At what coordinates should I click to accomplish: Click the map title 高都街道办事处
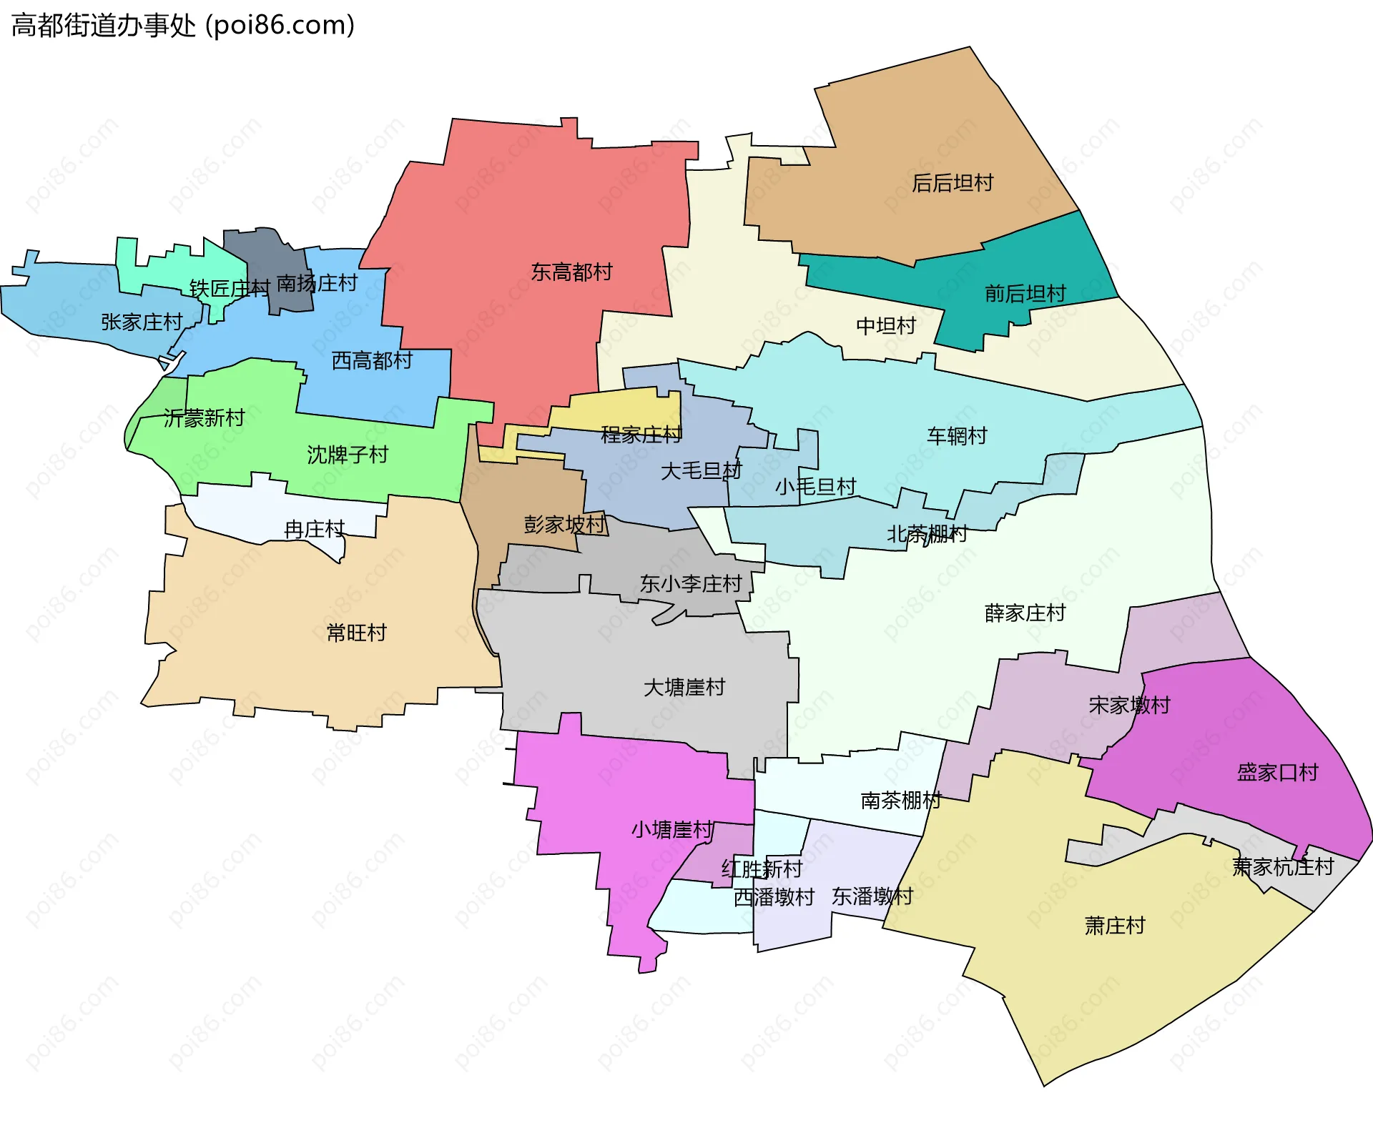tap(182, 26)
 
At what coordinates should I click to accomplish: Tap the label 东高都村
tap(571, 272)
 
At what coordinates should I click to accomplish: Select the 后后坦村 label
tap(953, 184)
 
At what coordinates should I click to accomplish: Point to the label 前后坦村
tap(1025, 294)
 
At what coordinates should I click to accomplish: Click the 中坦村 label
tap(886, 327)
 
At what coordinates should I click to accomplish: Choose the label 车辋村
tap(957, 436)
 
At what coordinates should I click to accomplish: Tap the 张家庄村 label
tap(142, 323)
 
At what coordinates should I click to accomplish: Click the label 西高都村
tap(372, 361)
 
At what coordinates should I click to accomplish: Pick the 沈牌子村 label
tap(348, 455)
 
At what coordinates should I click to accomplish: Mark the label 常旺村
tap(356, 633)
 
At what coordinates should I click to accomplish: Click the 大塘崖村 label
tap(684, 688)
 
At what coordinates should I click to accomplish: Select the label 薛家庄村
tap(1025, 613)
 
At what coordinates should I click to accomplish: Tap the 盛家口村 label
tap(1277, 773)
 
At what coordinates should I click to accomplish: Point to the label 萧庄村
tap(1114, 926)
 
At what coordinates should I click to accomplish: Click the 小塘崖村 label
tap(672, 830)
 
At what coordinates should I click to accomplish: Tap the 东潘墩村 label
tap(872, 896)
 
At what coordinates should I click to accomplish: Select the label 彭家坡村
tap(564, 525)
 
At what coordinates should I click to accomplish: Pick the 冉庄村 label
tap(315, 530)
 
